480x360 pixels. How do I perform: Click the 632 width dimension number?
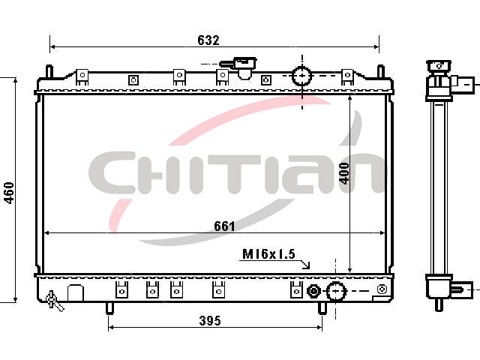pyautogui.click(x=208, y=40)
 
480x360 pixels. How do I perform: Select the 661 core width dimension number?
pyautogui.click(x=224, y=226)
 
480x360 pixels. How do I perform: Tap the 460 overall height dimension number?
pyautogui.click(x=9, y=193)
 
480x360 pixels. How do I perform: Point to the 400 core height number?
pyautogui.click(x=344, y=173)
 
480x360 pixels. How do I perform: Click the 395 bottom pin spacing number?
pyautogui.click(x=210, y=320)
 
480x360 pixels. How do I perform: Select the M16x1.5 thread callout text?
pyautogui.click(x=268, y=253)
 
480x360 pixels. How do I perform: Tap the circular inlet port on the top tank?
pyautogui.click(x=302, y=76)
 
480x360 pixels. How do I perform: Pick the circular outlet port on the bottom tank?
pyautogui.click(x=336, y=291)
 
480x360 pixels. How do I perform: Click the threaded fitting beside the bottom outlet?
pyautogui.click(x=313, y=291)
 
